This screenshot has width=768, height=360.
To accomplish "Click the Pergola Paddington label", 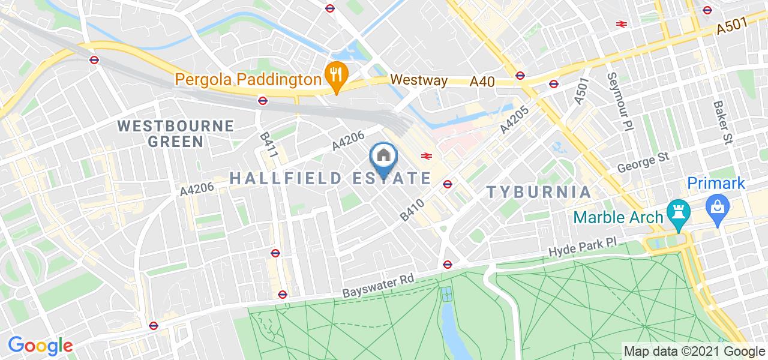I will coord(248,79).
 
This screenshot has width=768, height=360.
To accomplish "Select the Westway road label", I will coord(419,80).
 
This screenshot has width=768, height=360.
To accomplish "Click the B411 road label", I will coord(268,146).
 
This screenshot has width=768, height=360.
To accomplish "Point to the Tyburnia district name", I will coord(539,192).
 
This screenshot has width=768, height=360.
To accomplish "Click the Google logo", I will coord(40,346).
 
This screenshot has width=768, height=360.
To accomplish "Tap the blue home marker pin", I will coord(384,158).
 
